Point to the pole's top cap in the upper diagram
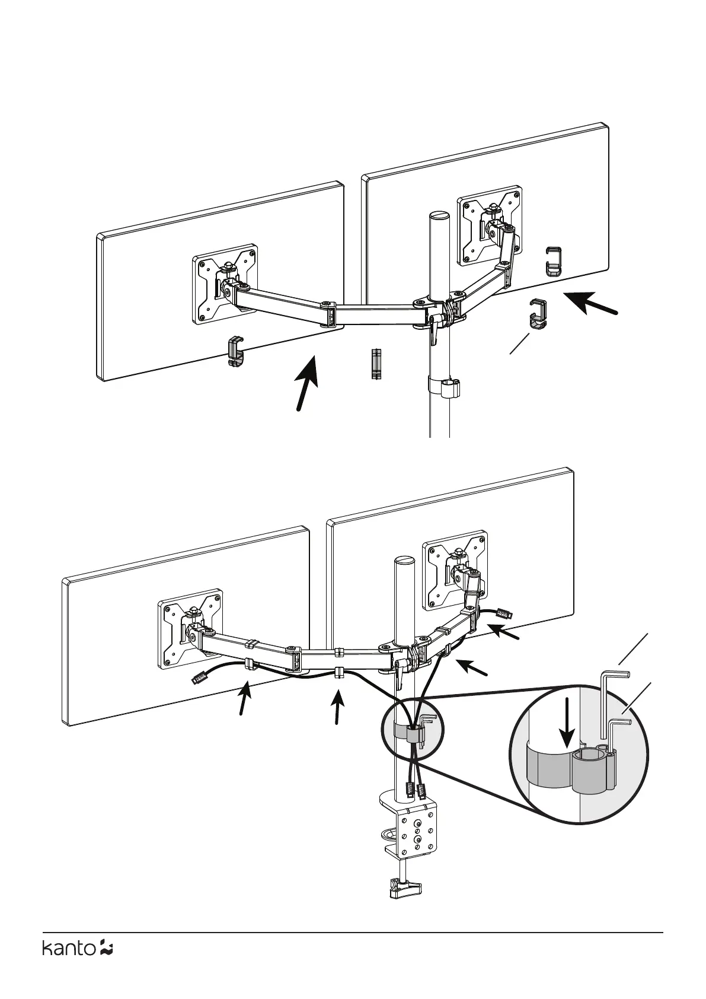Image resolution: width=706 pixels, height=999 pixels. click(x=439, y=216)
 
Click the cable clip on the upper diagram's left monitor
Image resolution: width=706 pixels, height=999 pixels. click(x=235, y=351)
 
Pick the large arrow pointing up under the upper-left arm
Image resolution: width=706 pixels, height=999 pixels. click(x=307, y=383)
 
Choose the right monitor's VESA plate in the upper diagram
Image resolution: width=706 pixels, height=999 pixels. click(x=490, y=225)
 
